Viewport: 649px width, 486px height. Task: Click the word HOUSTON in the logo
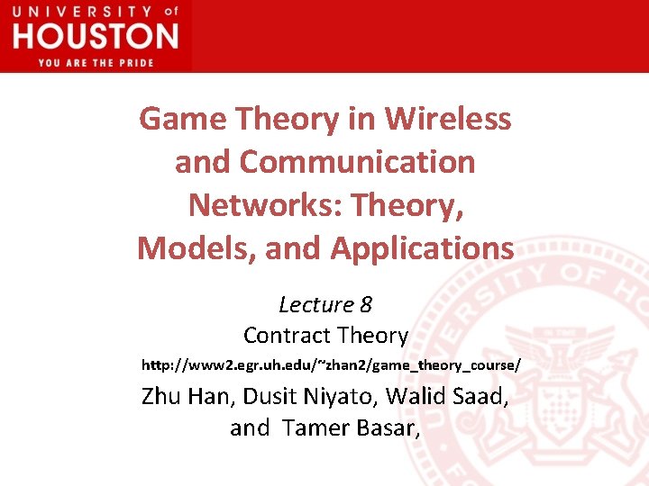[x=96, y=36]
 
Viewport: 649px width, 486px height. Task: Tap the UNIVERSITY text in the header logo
[x=82, y=12]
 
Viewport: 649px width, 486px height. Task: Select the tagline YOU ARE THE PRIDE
[x=96, y=62]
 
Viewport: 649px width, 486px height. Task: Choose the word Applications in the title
[x=422, y=247]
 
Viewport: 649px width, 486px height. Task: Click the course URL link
[x=331, y=366]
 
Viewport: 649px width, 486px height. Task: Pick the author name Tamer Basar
[x=351, y=427]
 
